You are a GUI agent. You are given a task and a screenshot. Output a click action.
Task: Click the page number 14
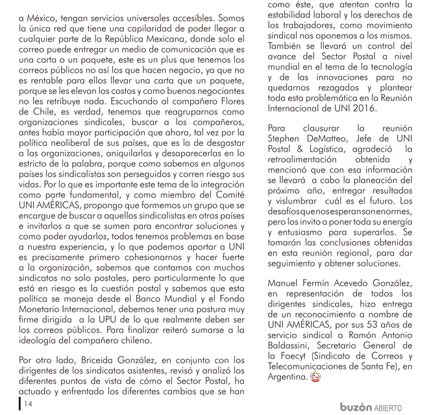(x=28, y=403)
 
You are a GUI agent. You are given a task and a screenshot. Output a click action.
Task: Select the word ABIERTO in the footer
(x=388, y=408)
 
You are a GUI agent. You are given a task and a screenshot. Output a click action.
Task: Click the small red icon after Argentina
(x=315, y=377)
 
